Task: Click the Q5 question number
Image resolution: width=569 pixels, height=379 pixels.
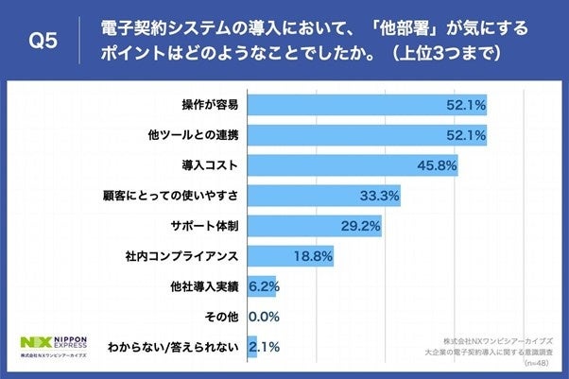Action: pyautogui.click(x=44, y=41)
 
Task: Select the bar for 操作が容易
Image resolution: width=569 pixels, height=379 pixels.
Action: pyautogui.click(x=367, y=104)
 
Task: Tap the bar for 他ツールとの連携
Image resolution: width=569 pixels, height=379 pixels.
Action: pyautogui.click(x=367, y=134)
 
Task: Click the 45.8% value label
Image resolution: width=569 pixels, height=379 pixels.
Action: pyautogui.click(x=440, y=165)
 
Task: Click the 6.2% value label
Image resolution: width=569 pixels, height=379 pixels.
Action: pyautogui.click(x=262, y=286)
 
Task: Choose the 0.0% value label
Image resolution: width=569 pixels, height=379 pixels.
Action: pyautogui.click(x=261, y=317)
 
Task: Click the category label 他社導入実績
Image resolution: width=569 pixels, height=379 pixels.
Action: pyautogui.click(x=203, y=286)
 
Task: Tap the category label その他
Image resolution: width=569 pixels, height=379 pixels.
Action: pyautogui.click(x=222, y=317)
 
